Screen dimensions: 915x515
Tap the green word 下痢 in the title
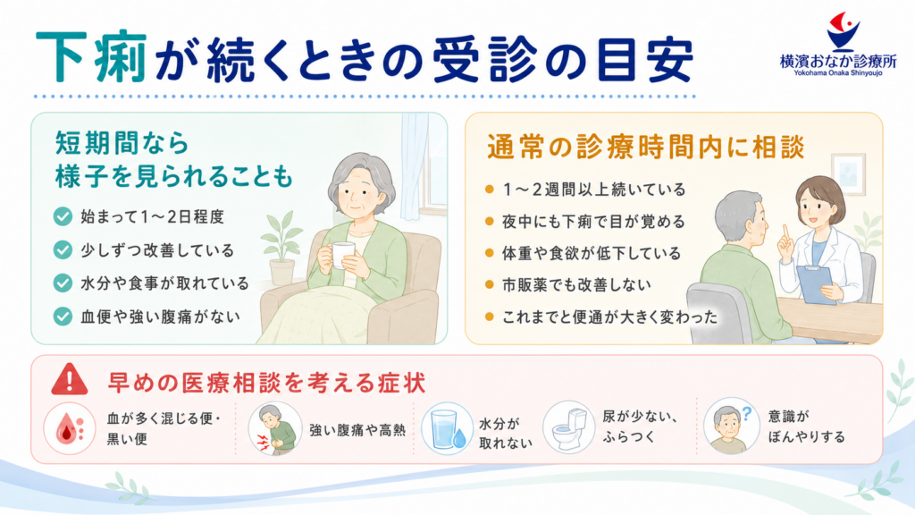click(x=92, y=58)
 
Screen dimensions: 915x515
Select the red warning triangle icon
click(x=70, y=379)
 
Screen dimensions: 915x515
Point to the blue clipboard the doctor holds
click(x=817, y=284)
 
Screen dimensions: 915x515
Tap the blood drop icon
click(x=69, y=428)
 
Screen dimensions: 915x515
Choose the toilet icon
click(x=569, y=427)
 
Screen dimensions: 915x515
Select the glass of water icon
click(x=448, y=428)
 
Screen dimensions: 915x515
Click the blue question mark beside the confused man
click(x=746, y=414)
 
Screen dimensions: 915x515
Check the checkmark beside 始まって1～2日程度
click(x=63, y=216)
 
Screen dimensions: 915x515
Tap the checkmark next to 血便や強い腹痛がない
click(x=63, y=317)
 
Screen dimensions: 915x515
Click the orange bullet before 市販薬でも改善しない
click(x=489, y=285)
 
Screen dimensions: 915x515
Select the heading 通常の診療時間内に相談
click(x=646, y=147)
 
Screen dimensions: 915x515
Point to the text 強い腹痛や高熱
click(x=357, y=430)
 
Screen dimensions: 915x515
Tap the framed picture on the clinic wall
click(x=847, y=173)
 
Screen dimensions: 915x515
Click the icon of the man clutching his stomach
click(x=275, y=428)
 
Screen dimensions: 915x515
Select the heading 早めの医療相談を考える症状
click(x=266, y=383)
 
